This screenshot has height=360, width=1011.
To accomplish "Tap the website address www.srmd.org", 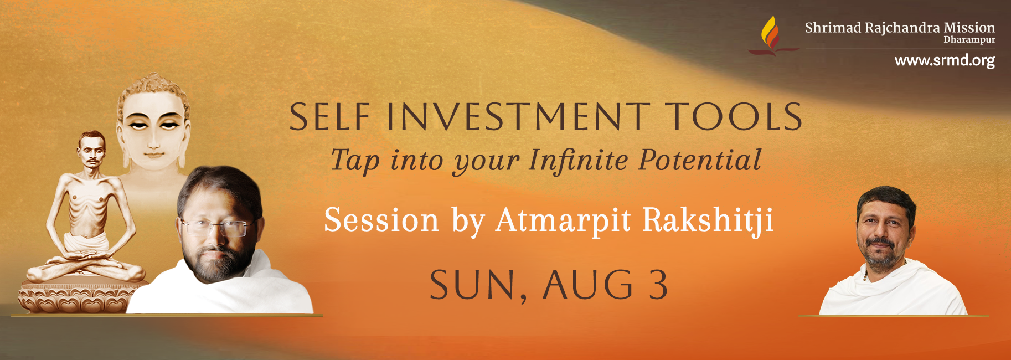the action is tap(945, 60).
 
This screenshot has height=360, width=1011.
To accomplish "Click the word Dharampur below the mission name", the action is tap(969, 40).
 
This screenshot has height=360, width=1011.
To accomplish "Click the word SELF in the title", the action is tap(329, 117).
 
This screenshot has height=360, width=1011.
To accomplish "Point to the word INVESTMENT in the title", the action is tap(518, 117).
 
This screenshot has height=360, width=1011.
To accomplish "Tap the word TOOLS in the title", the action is tap(733, 117).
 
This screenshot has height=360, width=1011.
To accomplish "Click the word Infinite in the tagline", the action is tap(578, 160).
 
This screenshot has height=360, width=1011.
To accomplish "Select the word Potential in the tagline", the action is tap(700, 160).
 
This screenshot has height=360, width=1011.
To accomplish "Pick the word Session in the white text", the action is tap(381, 220).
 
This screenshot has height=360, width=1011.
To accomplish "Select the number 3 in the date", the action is tap(658, 285).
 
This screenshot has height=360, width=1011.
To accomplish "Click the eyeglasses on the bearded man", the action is tap(218, 227).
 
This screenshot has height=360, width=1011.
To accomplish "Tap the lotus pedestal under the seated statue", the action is tap(78, 297).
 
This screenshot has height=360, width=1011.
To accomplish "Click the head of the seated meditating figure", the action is tap(91, 148).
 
